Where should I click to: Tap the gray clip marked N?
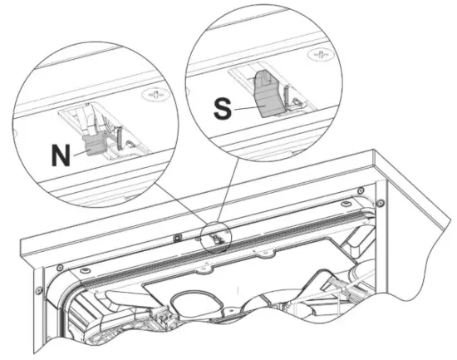tap(93, 146)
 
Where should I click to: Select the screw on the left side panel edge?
tap(38, 290)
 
